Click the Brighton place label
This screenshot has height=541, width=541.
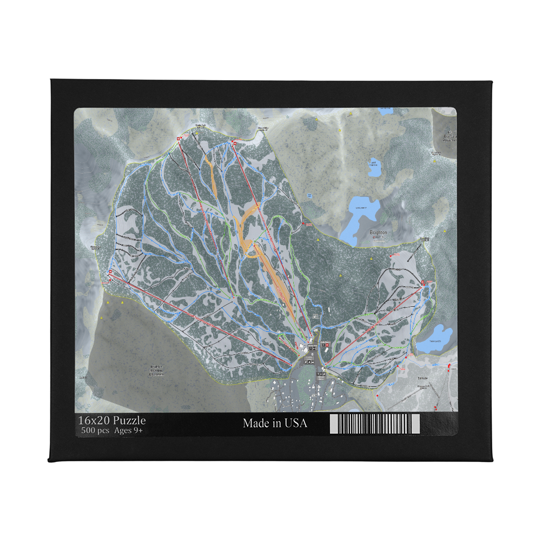click(x=378, y=232)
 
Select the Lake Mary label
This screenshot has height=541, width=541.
click(x=361, y=208)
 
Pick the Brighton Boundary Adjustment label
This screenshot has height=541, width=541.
click(x=156, y=370)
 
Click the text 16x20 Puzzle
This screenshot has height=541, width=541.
click(x=111, y=420)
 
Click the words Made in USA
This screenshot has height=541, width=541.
click(x=275, y=423)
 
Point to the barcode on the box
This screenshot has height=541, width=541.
click(x=374, y=424)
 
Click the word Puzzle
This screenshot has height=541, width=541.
click(x=129, y=420)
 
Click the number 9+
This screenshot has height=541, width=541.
click(x=140, y=431)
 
